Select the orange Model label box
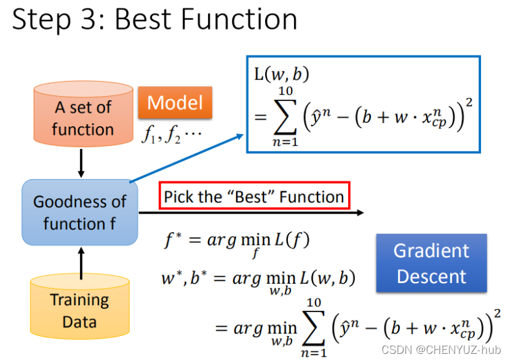[175, 102]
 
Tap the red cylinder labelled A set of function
[83, 117]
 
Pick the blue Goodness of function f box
[80, 212]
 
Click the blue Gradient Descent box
[431, 263]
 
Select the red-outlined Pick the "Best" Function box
[254, 197]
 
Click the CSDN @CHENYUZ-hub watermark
[442, 350]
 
